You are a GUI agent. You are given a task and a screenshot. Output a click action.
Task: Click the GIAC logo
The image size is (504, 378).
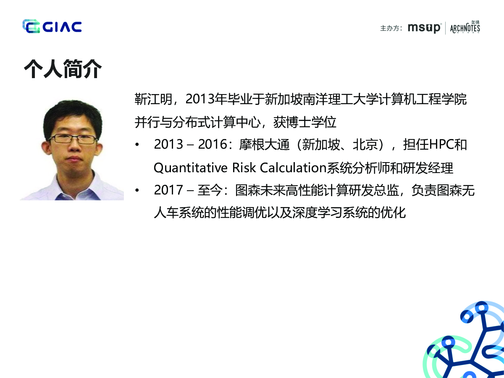pyautogui.click(x=52, y=26)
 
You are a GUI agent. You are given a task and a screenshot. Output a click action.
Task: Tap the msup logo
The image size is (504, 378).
pyautogui.click(x=424, y=28)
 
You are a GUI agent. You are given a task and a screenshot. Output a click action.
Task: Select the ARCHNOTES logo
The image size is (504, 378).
pyautogui.click(x=465, y=27)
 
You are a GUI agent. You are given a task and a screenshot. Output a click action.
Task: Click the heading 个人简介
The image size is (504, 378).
pyautogui.click(x=63, y=69)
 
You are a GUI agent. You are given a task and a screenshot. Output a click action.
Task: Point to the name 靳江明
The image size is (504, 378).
pyautogui.click(x=153, y=100)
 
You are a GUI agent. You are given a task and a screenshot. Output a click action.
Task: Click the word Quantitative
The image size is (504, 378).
pyautogui.click(x=191, y=168)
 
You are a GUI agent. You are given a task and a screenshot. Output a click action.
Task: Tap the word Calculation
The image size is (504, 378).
pyautogui.click(x=293, y=167)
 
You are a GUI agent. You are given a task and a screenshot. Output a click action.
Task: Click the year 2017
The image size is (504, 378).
pyautogui.click(x=168, y=190)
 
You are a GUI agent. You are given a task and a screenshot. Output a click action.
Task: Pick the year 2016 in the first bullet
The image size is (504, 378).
pyautogui.click(x=213, y=144)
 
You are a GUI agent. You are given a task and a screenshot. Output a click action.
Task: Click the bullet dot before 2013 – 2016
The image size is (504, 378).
pyautogui.click(x=137, y=144)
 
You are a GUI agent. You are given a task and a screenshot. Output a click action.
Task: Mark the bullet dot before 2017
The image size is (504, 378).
pyautogui.click(x=137, y=190)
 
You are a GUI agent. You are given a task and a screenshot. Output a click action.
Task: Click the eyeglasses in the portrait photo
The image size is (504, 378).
pyautogui.click(x=73, y=139)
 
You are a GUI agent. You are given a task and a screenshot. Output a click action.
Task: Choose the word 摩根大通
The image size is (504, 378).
pyautogui.click(x=264, y=144)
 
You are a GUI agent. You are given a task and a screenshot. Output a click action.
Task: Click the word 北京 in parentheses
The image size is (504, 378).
pyautogui.click(x=365, y=144)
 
